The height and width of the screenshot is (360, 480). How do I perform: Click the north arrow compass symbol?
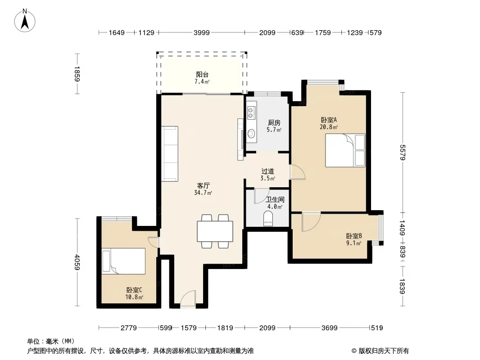point(25,21)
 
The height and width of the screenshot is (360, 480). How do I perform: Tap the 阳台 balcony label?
point(202,74)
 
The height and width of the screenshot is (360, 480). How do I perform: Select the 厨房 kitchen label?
point(274,123)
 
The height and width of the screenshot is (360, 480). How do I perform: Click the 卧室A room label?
point(329,120)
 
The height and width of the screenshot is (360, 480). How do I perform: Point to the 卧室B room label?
point(354,236)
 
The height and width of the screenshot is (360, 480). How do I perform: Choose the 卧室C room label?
point(134,290)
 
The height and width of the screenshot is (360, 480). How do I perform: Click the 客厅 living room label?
point(203,186)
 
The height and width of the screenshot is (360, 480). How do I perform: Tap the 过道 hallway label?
point(267,171)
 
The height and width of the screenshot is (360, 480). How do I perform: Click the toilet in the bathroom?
point(268,220)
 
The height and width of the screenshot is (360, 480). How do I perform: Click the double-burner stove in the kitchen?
point(251,112)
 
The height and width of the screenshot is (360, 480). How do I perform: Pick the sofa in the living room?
point(170,153)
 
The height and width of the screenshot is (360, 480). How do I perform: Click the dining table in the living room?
point(215,231)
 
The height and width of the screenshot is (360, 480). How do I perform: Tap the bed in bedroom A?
point(345,150)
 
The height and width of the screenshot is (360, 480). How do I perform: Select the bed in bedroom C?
point(124,261)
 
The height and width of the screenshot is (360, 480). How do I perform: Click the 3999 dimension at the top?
point(201,32)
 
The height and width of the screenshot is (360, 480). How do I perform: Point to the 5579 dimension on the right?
point(403,152)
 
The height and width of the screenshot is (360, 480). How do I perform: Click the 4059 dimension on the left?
point(77,262)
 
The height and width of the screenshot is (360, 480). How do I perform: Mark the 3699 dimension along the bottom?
point(330,328)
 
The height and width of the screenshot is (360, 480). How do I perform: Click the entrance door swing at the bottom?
point(188,299)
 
